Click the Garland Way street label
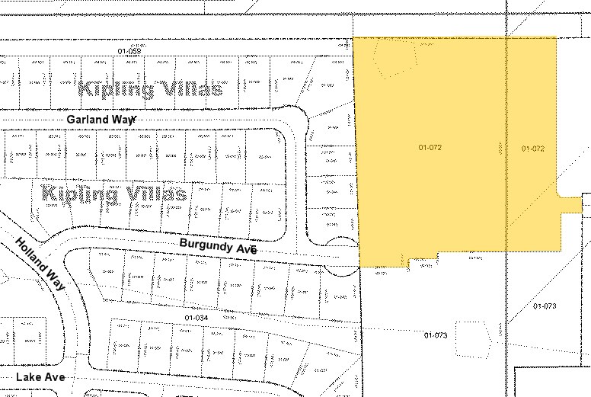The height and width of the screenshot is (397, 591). tap(101, 120)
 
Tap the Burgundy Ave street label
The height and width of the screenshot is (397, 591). tap(217, 246)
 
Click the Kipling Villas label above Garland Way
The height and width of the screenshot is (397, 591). tap(150, 89)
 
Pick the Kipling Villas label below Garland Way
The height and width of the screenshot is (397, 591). tap(116, 192)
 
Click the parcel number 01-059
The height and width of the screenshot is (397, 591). tap(129, 50)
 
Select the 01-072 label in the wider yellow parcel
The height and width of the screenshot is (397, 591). tap(430, 146)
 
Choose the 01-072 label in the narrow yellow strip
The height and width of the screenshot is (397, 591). tap(533, 149)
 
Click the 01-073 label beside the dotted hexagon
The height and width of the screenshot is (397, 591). tap(435, 335)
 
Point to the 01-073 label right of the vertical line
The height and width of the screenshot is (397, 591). tap(545, 306)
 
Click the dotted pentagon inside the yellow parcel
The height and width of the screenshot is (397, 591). tap(396, 56)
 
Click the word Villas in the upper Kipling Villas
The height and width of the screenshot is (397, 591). tap(187, 89)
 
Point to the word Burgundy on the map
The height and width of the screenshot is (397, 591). tap(206, 245)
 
